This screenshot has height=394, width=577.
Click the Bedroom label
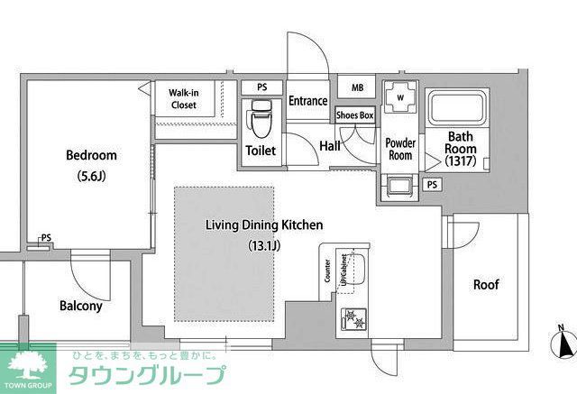coord(91,155)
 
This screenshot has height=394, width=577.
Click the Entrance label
coord(308,101)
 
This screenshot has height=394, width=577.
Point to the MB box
coord(357,87)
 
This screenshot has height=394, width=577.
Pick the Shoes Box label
coord(354,115)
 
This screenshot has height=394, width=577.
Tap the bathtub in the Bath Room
coord(455,109)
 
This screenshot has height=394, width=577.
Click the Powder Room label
coord(400,149)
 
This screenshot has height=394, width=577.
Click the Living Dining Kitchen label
coord(263,224)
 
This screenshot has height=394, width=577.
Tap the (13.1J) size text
coord(263,244)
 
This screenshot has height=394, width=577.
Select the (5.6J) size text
coord(91,177)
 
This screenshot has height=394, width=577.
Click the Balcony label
coord(81,306)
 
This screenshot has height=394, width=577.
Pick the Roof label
coord(487,285)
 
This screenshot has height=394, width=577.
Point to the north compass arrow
coord(564,344)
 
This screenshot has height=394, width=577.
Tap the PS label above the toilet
coord(262,87)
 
